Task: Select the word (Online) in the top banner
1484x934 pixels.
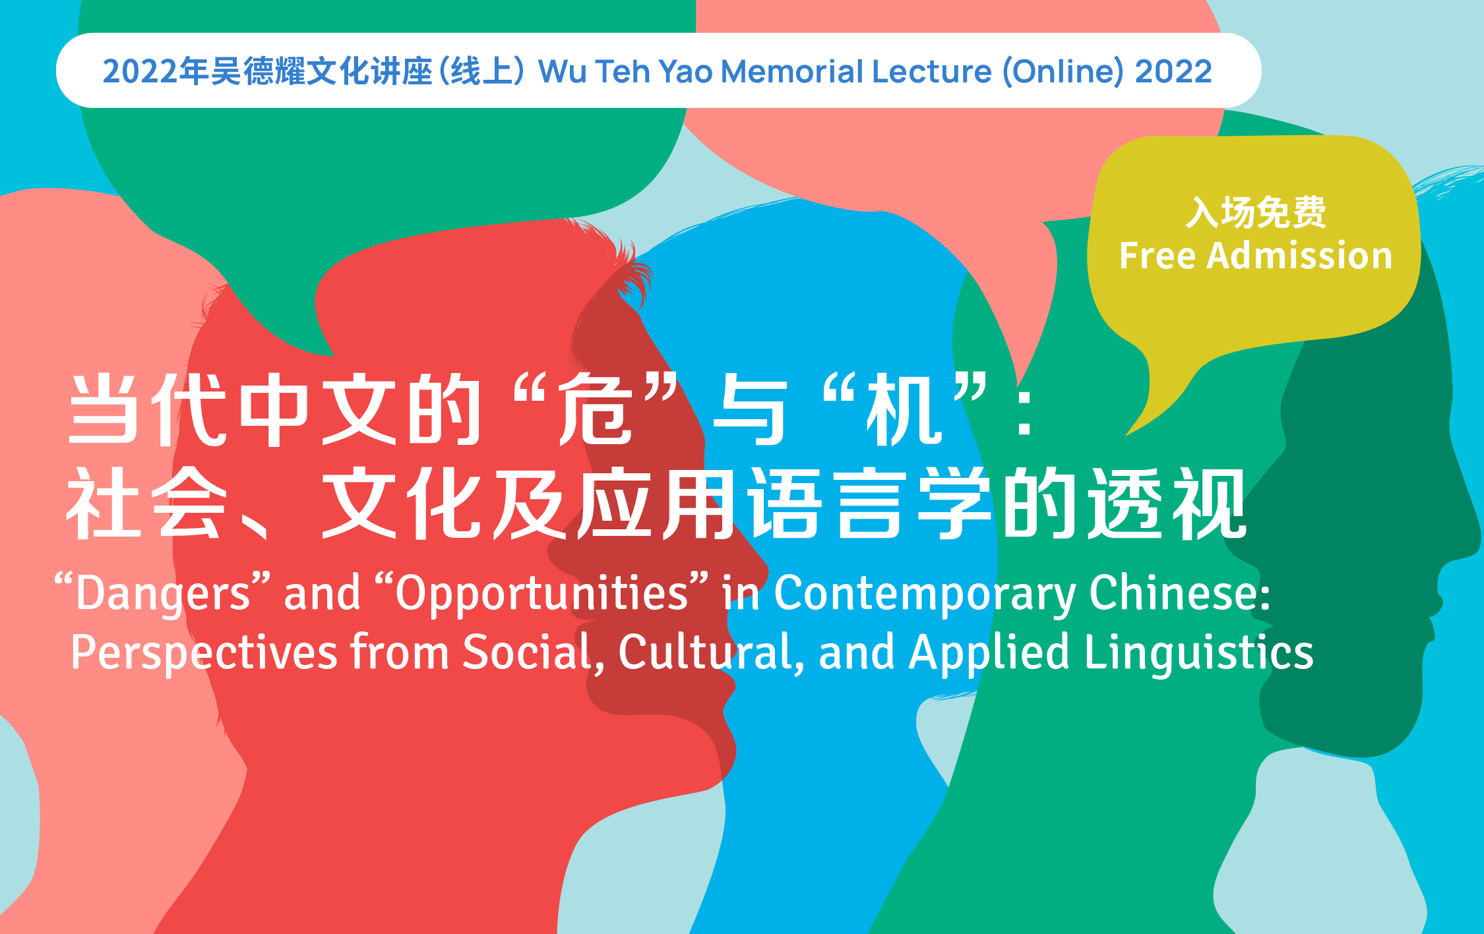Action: (1063, 72)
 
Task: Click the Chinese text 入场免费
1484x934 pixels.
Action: (1256, 212)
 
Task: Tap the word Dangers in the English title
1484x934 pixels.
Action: (163, 593)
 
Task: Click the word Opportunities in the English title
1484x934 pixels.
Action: (541, 593)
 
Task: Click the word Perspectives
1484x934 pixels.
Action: (204, 653)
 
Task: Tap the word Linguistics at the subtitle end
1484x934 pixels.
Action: (1199, 653)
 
